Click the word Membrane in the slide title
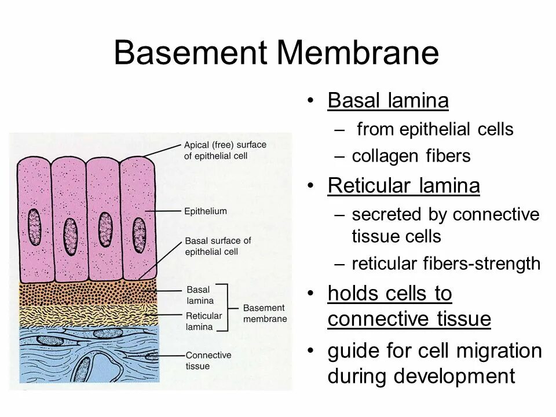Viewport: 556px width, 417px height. (357, 53)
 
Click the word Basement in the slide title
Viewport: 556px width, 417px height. (191, 53)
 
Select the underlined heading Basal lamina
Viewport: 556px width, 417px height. (387, 101)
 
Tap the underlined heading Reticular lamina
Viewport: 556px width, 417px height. (403, 186)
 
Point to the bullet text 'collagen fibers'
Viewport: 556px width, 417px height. (411, 156)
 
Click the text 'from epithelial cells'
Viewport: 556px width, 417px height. (435, 129)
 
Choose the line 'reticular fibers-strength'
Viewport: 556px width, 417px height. (445, 264)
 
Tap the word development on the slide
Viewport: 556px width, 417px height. (455, 376)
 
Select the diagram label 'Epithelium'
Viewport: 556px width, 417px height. (206, 211)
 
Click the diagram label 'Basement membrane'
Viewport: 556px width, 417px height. (265, 313)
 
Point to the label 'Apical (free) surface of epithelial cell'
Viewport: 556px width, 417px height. (225, 150)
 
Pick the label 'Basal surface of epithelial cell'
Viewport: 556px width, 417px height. (217, 246)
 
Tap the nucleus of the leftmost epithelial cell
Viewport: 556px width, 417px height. (35, 226)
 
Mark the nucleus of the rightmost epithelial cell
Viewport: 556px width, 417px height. (139, 235)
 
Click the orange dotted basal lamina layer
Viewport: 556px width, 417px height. (87, 294)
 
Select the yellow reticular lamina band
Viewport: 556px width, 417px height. (87, 316)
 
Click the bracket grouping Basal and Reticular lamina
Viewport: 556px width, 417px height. (227, 307)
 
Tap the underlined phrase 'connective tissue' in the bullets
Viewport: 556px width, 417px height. (409, 319)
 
